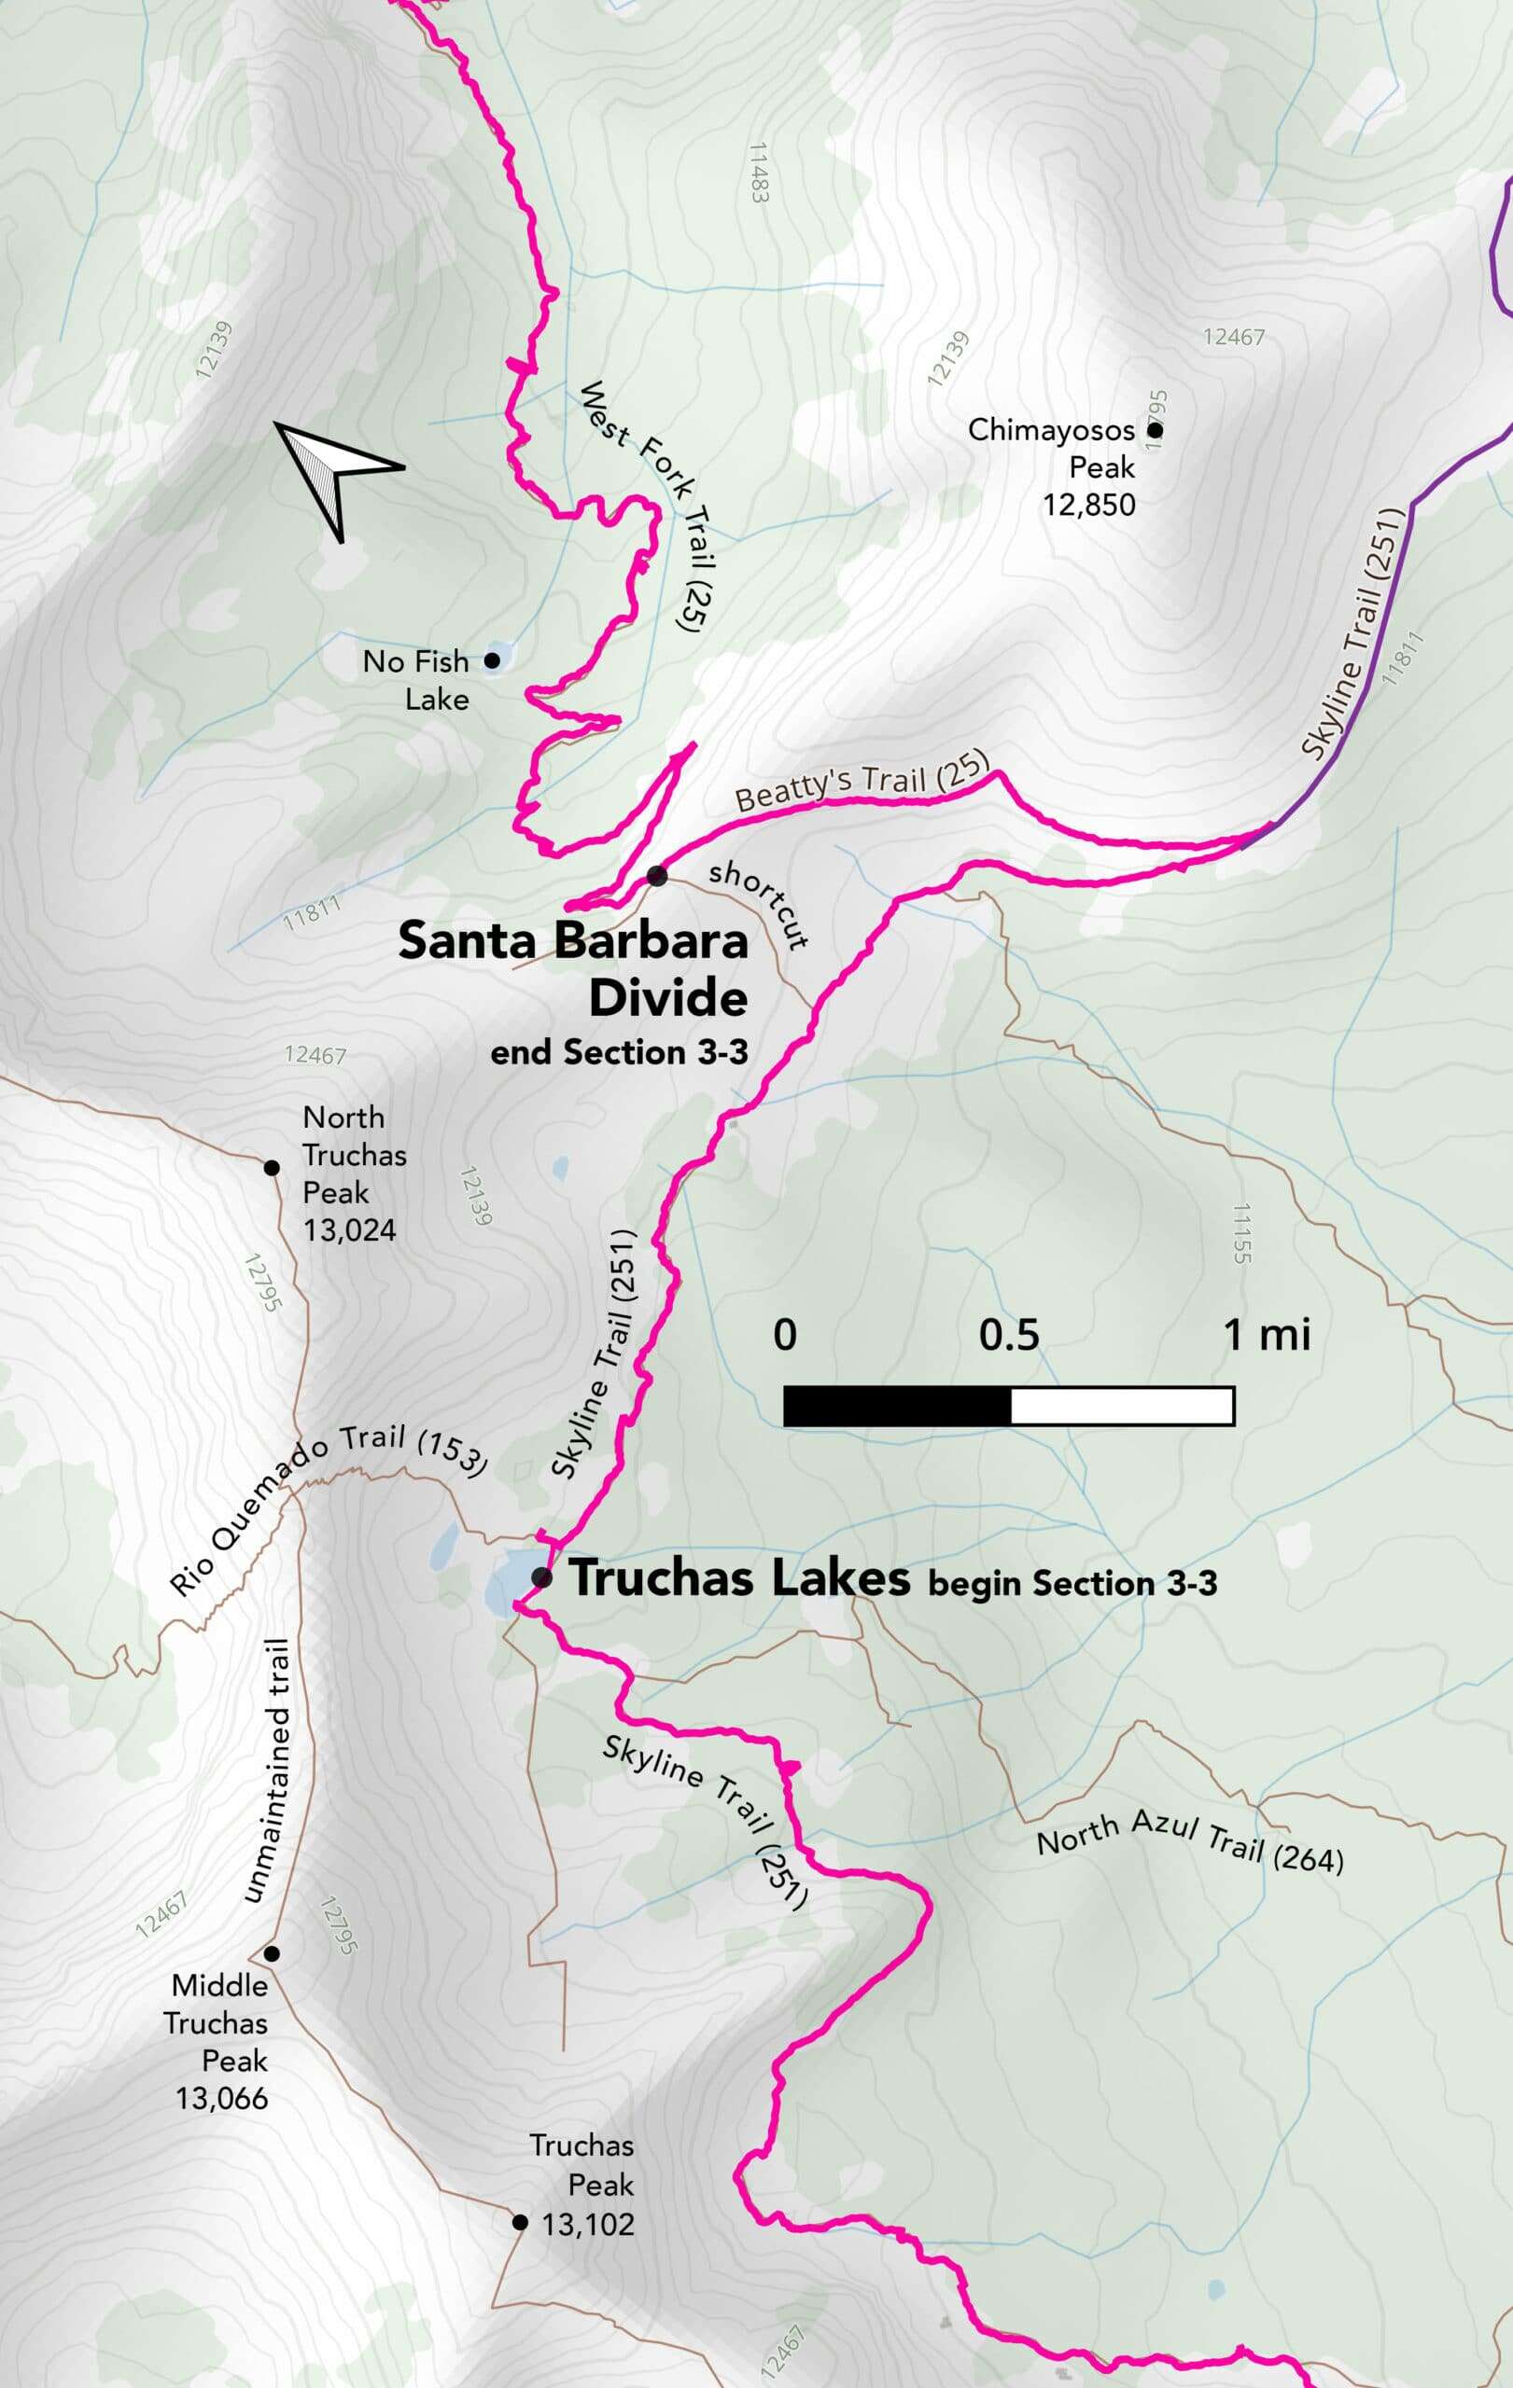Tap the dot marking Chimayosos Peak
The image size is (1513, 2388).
[x=1155, y=430]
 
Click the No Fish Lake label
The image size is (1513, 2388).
[x=416, y=680]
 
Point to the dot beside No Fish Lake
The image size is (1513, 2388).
[x=492, y=660]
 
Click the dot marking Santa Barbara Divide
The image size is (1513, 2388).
[x=656, y=876]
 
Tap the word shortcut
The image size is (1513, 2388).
[x=760, y=904]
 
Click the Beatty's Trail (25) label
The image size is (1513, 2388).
[x=862, y=782]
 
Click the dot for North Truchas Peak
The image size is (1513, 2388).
[x=271, y=1167]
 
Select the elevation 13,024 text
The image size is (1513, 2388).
[x=349, y=1230]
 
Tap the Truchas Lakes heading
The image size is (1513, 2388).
[x=739, y=1578]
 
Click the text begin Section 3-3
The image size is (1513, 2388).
[x=1072, y=1584]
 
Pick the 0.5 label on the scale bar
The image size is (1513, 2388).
[x=1009, y=1335]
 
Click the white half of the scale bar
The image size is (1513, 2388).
[x=1121, y=1407]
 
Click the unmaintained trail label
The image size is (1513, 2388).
[x=268, y=1771]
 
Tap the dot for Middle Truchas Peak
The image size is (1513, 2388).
[x=271, y=1953]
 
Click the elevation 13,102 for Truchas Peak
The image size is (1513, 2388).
[x=587, y=2225]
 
